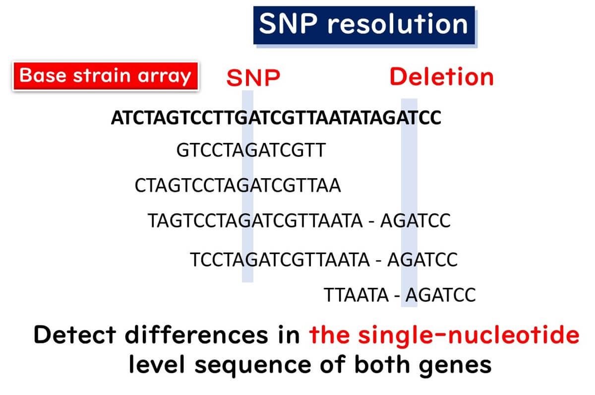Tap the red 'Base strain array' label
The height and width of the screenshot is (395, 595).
click(x=105, y=76)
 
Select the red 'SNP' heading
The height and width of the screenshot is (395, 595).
click(x=253, y=78)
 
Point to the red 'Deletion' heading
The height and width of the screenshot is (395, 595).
click(x=442, y=77)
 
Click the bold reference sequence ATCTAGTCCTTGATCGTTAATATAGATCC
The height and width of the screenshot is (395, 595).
click(x=276, y=119)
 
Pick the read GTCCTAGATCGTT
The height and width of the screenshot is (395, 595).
click(x=250, y=150)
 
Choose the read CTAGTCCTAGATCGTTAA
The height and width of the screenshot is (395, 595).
click(x=238, y=186)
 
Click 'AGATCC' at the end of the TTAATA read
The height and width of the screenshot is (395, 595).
click(x=440, y=295)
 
